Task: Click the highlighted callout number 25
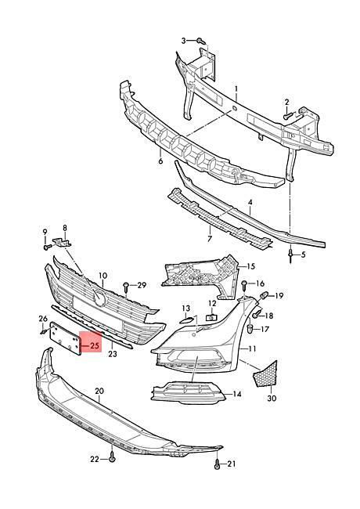[95, 346]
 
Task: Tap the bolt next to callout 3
[201, 41]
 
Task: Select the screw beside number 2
[288, 116]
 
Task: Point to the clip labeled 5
[291, 255]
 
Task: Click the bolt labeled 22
[112, 457]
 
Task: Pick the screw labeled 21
[218, 464]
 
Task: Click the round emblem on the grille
[99, 298]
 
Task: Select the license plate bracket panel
[65, 338]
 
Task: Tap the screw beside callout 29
[126, 287]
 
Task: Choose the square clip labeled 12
[211, 317]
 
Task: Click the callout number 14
[237, 394]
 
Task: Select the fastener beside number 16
[245, 286]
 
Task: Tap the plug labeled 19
[264, 296]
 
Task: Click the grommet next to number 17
[250, 328]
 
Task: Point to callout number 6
[160, 161]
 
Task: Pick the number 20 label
[99, 391]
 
